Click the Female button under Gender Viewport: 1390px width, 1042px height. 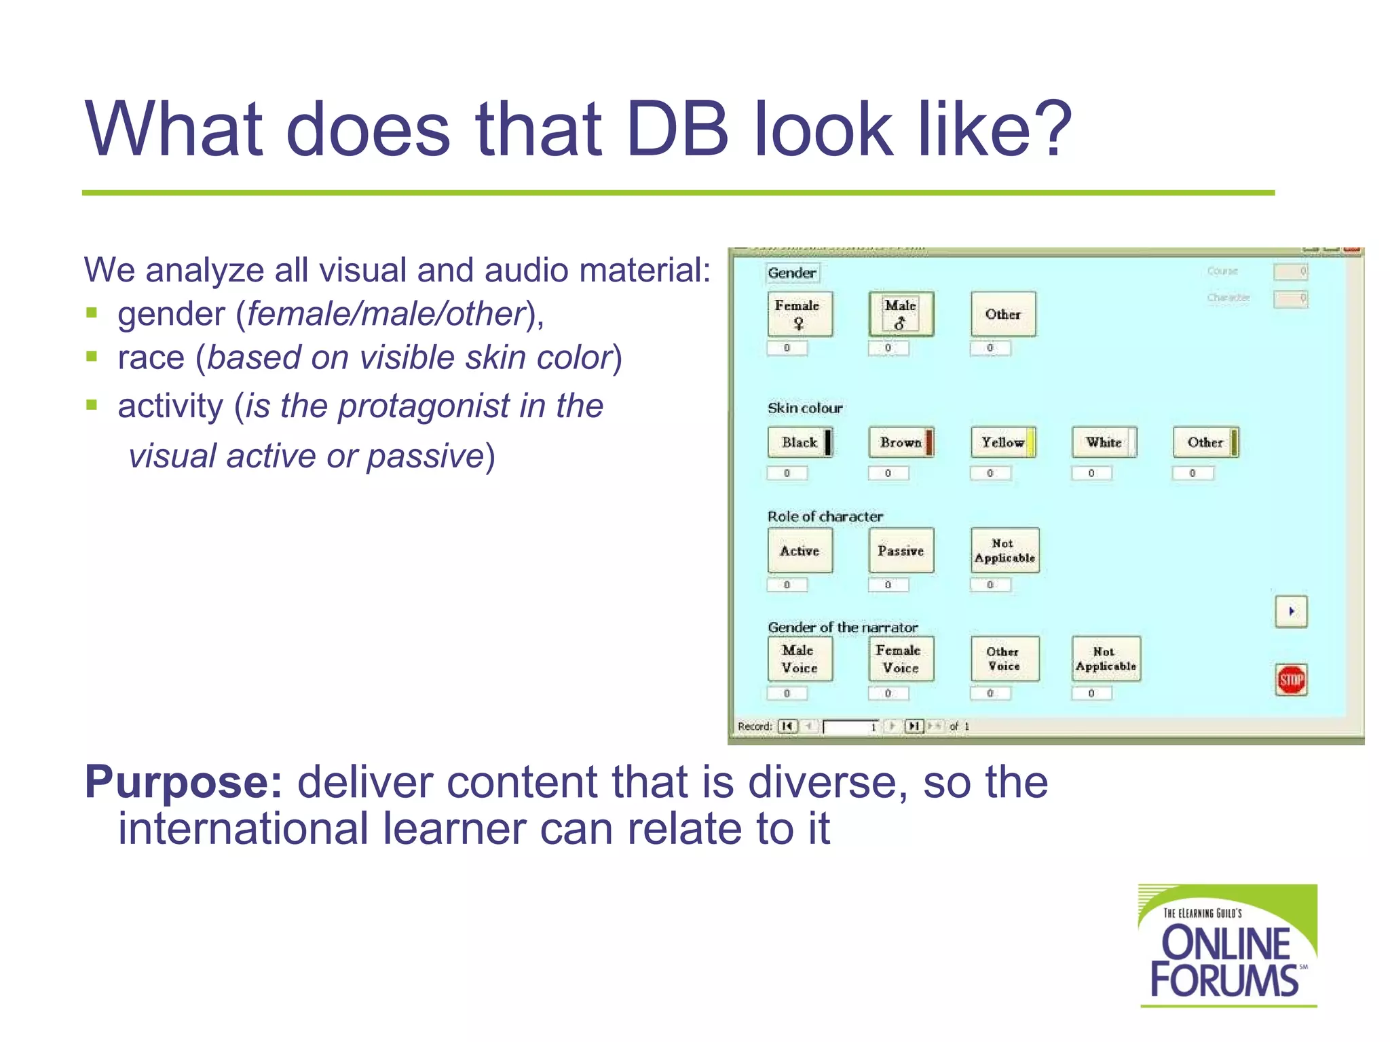click(x=800, y=314)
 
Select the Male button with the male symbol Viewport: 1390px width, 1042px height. click(x=901, y=314)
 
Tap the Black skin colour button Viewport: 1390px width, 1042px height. click(x=800, y=442)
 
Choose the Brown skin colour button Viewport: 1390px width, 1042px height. click(x=901, y=442)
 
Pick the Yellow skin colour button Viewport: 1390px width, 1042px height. click(x=1002, y=442)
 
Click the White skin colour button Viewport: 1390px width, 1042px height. click(x=1104, y=442)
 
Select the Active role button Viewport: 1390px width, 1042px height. click(x=800, y=551)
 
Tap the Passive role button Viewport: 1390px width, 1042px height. click(x=901, y=551)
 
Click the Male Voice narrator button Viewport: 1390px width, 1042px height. click(x=800, y=659)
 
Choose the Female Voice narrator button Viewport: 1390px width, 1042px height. click(x=901, y=659)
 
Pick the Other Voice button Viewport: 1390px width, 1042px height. click(x=1004, y=659)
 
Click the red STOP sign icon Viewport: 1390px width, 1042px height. click(x=1291, y=680)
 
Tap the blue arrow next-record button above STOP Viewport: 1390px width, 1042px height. click(x=1291, y=611)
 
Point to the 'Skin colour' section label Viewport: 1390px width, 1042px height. click(x=805, y=408)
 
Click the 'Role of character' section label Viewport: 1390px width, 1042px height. click(x=825, y=516)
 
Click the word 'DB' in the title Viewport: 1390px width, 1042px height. click(x=677, y=129)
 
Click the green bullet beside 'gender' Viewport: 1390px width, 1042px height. click(x=92, y=313)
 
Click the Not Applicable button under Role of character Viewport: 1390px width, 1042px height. click(x=1004, y=551)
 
